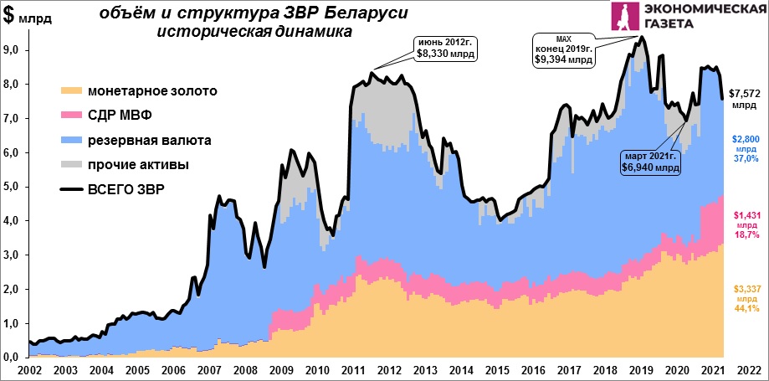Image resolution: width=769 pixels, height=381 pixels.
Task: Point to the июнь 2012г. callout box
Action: tap(444, 48)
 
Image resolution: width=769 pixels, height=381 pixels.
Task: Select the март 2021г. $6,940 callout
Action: tap(649, 162)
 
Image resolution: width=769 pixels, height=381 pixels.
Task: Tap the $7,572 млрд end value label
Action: tap(744, 99)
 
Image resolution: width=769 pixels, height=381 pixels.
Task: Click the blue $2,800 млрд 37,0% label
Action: tap(745, 147)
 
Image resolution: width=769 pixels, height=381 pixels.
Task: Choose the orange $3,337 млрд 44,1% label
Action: tap(745, 298)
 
